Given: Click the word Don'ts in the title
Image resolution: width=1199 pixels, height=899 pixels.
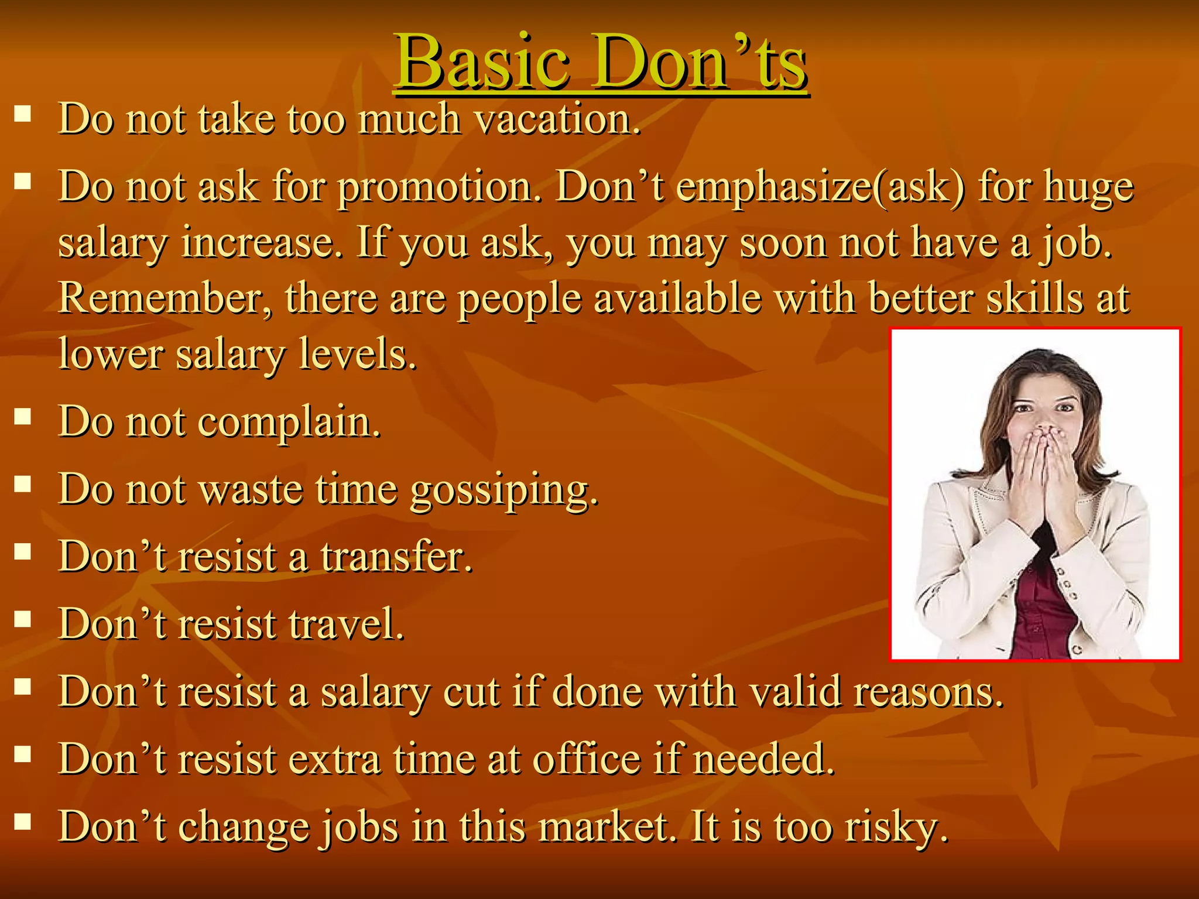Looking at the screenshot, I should pyautogui.click(x=700, y=62).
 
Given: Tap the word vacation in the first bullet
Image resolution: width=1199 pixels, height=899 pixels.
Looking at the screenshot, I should pyautogui.click(x=557, y=119).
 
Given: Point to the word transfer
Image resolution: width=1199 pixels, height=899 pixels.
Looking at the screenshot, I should pyautogui.click(x=396, y=557).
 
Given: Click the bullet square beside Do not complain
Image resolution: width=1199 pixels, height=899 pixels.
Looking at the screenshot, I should pyautogui.click(x=23, y=417).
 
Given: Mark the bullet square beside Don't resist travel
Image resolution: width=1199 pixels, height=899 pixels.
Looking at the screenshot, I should pyautogui.click(x=23, y=619).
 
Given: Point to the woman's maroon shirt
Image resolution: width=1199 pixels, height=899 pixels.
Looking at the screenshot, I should pyautogui.click(x=1042, y=609).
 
